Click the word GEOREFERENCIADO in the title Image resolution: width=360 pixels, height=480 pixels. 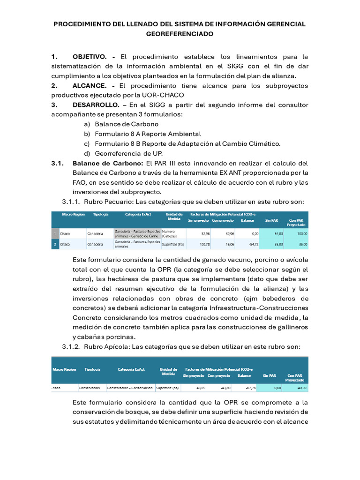180,34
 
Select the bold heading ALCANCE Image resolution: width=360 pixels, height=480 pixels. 89,86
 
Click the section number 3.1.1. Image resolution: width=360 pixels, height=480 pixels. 71,202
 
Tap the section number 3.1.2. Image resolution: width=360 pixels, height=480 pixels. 71,346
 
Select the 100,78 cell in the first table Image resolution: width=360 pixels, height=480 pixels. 202,244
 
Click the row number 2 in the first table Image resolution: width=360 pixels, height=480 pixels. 55,244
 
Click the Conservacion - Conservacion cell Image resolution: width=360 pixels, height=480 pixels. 130,388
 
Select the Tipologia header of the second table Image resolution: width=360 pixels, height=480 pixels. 92,369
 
